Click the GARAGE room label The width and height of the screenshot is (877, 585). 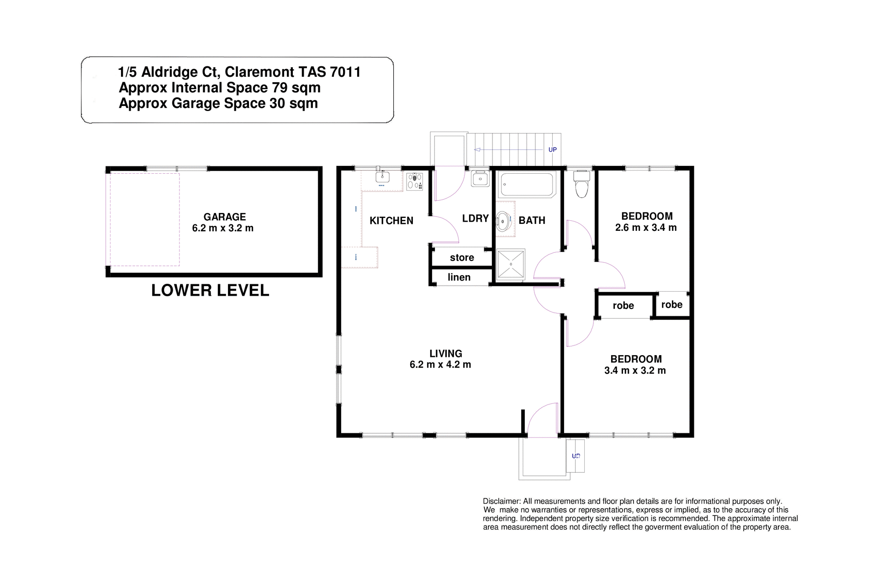(224, 217)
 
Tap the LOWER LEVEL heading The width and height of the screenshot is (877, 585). (210, 291)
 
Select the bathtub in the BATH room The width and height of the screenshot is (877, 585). (527, 185)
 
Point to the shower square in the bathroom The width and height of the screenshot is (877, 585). (511, 264)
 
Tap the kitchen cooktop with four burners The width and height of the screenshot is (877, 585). (415, 181)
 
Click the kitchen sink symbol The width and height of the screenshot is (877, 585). (382, 177)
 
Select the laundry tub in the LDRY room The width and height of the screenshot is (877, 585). (480, 178)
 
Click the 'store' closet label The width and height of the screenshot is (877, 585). (462, 258)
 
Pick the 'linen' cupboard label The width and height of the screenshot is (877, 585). (459, 277)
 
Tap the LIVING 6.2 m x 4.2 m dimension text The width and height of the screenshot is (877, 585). (440, 365)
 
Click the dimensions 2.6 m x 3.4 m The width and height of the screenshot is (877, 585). (646, 228)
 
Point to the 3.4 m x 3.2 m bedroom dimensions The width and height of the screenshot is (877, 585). (635, 371)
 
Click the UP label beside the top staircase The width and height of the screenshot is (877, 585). (552, 150)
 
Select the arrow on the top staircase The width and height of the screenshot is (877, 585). (477, 149)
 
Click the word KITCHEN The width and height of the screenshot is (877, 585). (391, 221)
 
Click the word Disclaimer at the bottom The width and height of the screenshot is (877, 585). (502, 501)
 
